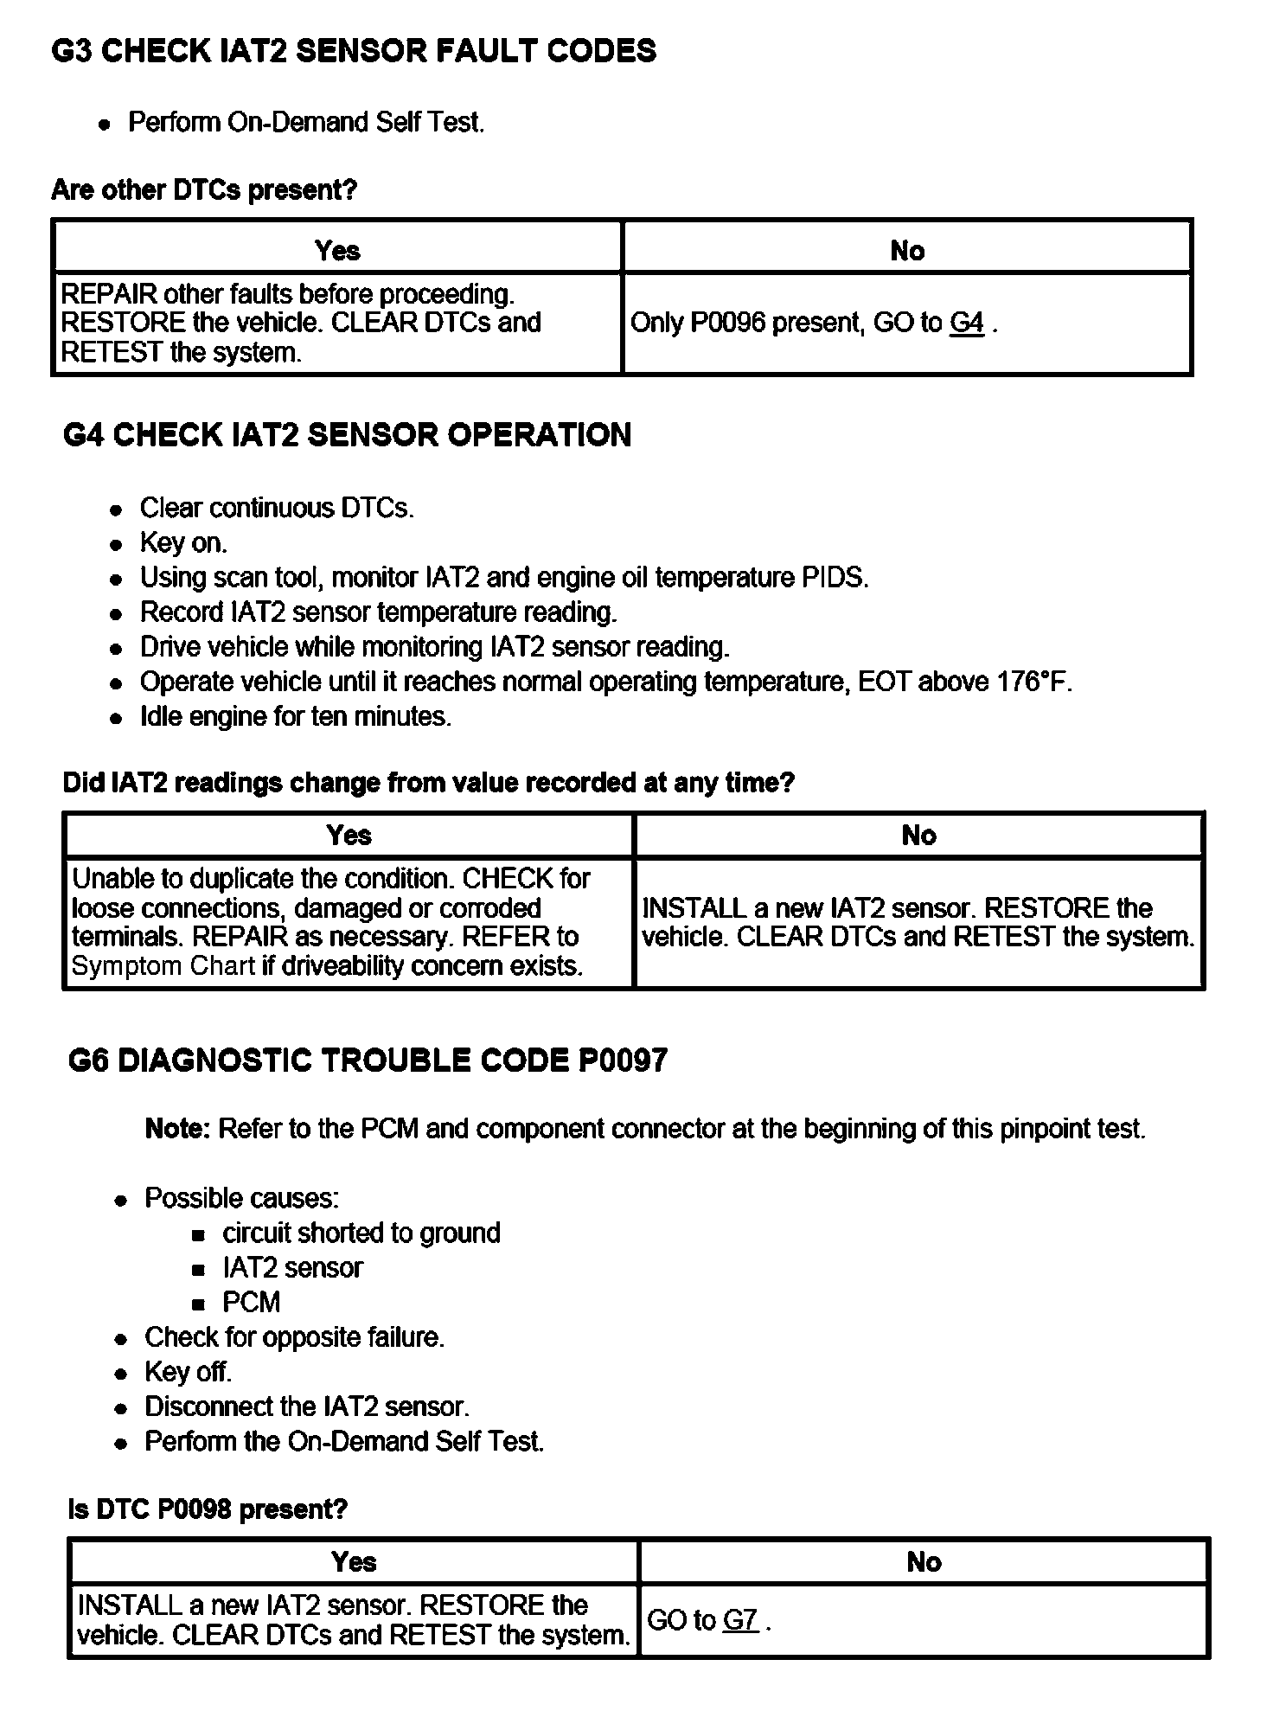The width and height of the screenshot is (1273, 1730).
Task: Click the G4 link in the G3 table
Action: [x=966, y=323]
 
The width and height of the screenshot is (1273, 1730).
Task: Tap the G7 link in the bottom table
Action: [x=740, y=1620]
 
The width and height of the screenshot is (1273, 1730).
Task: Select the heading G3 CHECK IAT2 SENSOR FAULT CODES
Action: [x=354, y=51]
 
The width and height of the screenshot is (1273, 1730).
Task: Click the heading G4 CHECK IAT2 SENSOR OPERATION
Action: [x=347, y=434]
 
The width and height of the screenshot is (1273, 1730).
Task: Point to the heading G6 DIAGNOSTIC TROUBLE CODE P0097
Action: [x=368, y=1060]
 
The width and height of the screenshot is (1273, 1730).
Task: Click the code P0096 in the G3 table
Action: [x=727, y=323]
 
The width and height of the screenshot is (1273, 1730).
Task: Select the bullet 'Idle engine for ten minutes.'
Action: [x=296, y=716]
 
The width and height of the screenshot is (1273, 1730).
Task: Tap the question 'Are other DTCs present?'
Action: [x=204, y=189]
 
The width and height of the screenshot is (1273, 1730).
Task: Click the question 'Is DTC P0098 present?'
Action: [x=208, y=1509]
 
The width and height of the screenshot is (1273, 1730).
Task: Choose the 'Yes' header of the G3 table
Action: [x=337, y=251]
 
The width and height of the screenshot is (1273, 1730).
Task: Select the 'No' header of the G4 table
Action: [x=918, y=835]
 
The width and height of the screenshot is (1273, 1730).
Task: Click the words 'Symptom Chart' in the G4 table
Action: [x=163, y=966]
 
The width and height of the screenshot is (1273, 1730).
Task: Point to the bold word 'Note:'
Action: [x=178, y=1129]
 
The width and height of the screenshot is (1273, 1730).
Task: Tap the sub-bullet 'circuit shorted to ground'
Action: [x=361, y=1233]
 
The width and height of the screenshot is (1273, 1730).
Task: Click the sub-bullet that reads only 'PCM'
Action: [x=252, y=1302]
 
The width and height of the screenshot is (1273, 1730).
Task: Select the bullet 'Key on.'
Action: [x=183, y=542]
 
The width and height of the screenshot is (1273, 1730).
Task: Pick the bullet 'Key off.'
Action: [x=189, y=1372]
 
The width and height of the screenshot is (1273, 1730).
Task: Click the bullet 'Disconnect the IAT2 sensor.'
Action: [x=307, y=1406]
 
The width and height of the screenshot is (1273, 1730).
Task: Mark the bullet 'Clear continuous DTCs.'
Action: [x=277, y=508]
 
